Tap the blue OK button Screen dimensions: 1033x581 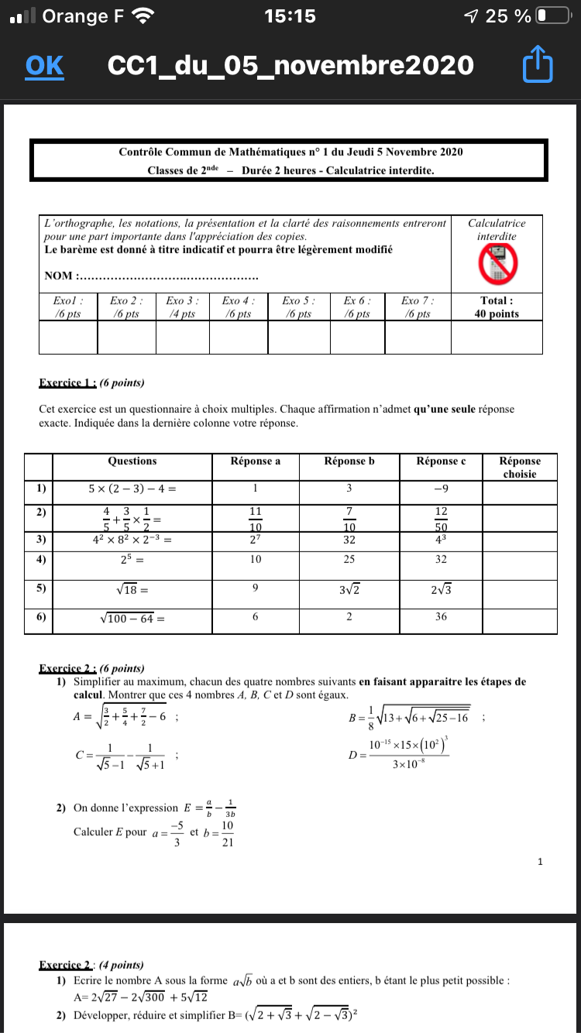pyautogui.click(x=44, y=66)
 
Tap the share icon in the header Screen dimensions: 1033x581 pyautogui.click(x=538, y=65)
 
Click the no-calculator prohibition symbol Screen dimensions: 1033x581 pyautogui.click(x=497, y=264)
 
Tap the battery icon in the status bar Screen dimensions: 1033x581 pyautogui.click(x=552, y=15)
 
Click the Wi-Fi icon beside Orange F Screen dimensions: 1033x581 pyautogui.click(x=143, y=15)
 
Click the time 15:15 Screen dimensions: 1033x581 pyautogui.click(x=290, y=15)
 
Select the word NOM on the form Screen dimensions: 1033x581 pyautogui.click(x=59, y=276)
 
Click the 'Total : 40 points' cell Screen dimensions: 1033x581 pyautogui.click(x=497, y=307)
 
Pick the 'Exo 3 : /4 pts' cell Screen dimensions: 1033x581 pyautogui.click(x=183, y=307)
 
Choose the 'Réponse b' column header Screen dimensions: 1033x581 pyautogui.click(x=349, y=462)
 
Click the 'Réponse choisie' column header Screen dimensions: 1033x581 pyautogui.click(x=519, y=467)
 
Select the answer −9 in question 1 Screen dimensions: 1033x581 pyautogui.click(x=441, y=489)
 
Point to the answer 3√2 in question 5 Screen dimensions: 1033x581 pyautogui.click(x=349, y=591)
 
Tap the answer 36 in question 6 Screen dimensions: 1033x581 pyautogui.click(x=441, y=617)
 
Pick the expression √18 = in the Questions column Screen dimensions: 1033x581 pyautogui.click(x=132, y=591)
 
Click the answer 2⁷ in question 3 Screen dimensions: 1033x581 pyautogui.click(x=256, y=541)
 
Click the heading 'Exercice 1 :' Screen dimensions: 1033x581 pyautogui.click(x=67, y=383)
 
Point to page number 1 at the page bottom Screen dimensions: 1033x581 pyautogui.click(x=540, y=861)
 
